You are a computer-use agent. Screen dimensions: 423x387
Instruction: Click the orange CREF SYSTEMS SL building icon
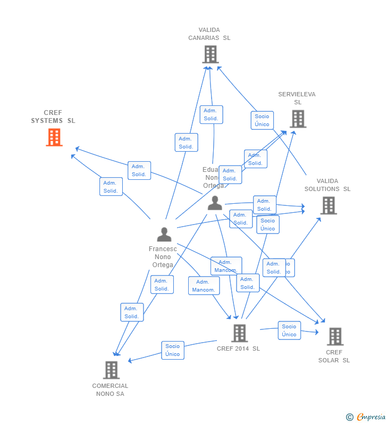(x=54, y=137)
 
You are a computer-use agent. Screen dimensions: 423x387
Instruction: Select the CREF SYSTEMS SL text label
(x=53, y=117)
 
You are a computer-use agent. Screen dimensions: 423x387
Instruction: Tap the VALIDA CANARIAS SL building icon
(x=210, y=54)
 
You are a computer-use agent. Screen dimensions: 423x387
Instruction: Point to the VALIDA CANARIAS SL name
(x=209, y=34)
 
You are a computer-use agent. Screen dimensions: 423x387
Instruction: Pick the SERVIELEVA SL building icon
(x=298, y=119)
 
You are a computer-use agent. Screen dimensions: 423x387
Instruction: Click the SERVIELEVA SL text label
(x=297, y=98)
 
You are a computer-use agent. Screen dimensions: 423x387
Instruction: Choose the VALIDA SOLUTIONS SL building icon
(x=329, y=205)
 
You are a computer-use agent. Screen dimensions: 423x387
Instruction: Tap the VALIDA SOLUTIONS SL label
(x=327, y=185)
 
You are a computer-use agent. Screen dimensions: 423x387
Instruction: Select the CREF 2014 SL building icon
(x=239, y=333)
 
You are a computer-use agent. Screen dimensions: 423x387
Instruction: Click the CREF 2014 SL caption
(x=238, y=349)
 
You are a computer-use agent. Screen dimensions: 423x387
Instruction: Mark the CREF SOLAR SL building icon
(x=334, y=336)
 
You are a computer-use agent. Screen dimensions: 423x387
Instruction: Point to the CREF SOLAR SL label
(x=334, y=356)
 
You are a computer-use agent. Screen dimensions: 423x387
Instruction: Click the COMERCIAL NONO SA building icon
(x=111, y=370)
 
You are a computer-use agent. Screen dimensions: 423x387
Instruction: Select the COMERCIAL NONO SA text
(x=110, y=390)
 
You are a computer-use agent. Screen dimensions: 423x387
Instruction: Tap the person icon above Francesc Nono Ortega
(x=164, y=234)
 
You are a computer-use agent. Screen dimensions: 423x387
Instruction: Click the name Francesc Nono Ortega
(x=163, y=257)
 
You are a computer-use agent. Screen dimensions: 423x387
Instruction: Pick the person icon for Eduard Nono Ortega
(x=215, y=203)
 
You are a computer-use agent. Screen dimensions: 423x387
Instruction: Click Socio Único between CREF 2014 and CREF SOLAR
(x=289, y=330)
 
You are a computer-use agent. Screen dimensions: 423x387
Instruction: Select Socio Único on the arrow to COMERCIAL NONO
(x=173, y=350)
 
